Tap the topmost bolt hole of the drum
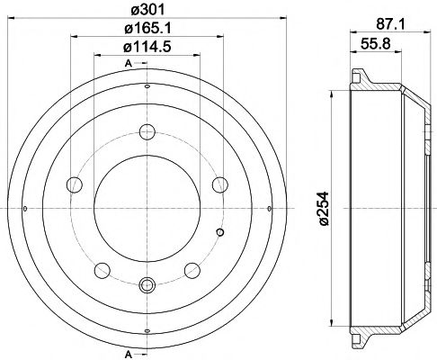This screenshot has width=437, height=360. click(147, 131)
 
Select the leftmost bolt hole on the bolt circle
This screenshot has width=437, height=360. click(74, 185)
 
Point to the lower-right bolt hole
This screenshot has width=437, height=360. click(190, 269)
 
